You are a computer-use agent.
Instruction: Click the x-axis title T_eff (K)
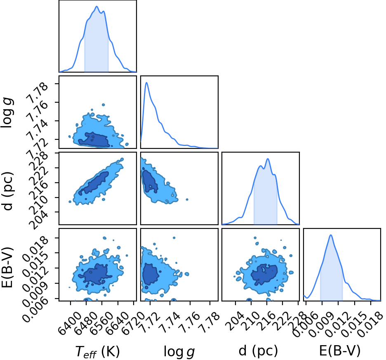point(97,351)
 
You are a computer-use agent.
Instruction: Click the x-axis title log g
point(179,351)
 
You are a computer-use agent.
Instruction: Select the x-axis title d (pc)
point(258,351)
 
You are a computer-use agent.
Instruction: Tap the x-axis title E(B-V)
point(340,351)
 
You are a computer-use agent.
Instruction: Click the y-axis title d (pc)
point(8,191)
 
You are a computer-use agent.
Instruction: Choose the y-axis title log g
point(7,112)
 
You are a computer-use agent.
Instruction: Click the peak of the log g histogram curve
point(146,82)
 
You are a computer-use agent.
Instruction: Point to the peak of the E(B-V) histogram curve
point(331,235)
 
